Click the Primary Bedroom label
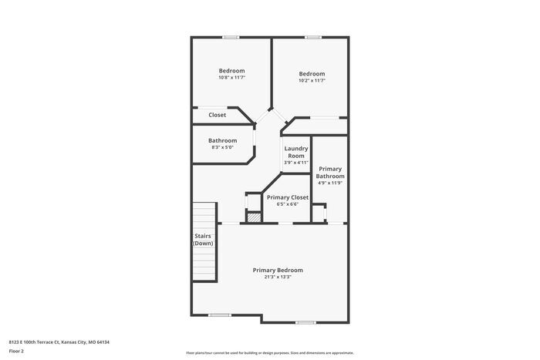point(278,270)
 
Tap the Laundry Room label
point(296,152)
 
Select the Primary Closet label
point(288,197)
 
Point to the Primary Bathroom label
point(330,172)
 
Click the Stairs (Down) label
point(203,240)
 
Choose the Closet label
point(217,115)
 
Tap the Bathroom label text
point(222,140)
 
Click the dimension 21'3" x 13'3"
point(278,277)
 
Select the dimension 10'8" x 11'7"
point(231,78)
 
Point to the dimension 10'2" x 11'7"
point(312,80)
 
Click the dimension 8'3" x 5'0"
point(222,147)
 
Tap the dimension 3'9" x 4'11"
point(296,163)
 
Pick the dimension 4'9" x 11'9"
point(330,183)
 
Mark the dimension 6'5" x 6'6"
point(288,204)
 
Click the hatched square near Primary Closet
point(252,217)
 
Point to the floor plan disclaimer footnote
point(269,351)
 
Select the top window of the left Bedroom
point(231,37)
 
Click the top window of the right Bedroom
point(312,37)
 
